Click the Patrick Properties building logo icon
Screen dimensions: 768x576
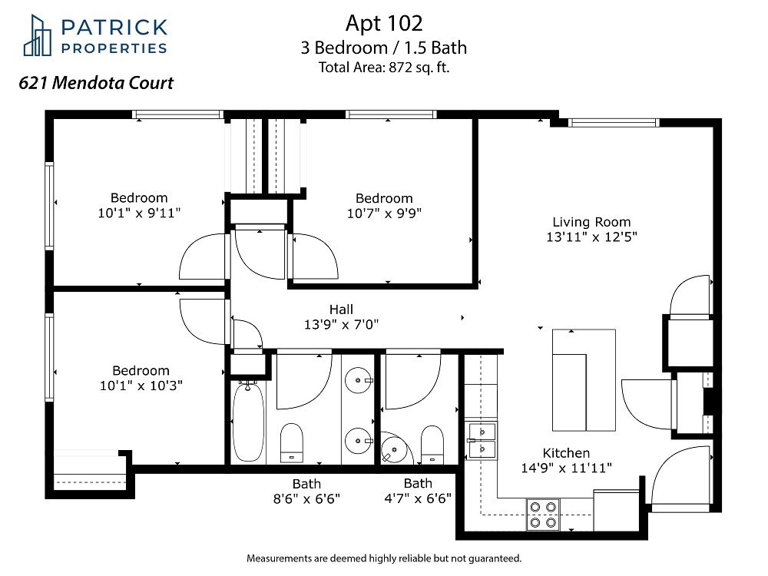[x=37, y=35]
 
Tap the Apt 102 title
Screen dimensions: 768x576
[x=384, y=24]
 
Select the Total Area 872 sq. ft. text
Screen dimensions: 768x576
[x=384, y=67]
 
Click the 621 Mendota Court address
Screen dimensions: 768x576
[x=96, y=83]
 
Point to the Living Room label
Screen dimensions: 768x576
[x=591, y=222]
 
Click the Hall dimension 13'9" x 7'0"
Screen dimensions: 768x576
[x=342, y=324]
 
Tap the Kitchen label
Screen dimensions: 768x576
[x=566, y=453]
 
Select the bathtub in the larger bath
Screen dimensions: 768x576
[x=248, y=422]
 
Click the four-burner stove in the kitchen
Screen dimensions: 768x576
[x=543, y=515]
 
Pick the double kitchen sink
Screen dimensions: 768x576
[x=482, y=440]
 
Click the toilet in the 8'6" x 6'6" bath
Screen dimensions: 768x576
[x=292, y=443]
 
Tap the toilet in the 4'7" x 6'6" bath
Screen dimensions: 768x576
[x=432, y=445]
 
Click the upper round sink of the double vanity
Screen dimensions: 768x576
[x=358, y=380]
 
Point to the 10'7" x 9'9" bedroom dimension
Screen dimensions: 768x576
[x=384, y=214]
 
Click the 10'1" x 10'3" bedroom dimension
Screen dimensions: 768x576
[x=141, y=386]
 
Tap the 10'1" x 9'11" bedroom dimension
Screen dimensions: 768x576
[x=139, y=213]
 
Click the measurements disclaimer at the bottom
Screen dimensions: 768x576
[x=384, y=558]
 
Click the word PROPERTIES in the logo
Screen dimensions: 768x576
[x=114, y=48]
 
